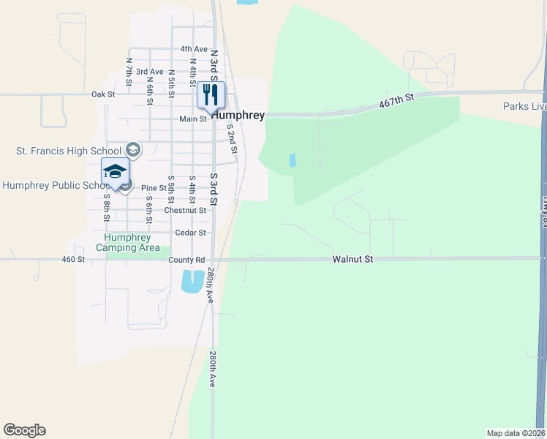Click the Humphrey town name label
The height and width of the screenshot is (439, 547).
tap(238, 116)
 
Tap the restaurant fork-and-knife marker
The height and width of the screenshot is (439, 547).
tap(211, 95)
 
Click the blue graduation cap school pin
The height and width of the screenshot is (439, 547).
tap(115, 173)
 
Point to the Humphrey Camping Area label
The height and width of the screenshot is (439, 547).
tap(128, 242)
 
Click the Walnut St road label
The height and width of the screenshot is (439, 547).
tap(352, 259)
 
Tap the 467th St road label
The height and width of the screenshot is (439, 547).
tap(396, 101)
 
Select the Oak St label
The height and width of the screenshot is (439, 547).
tap(103, 94)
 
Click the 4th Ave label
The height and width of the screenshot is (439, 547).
tap(195, 49)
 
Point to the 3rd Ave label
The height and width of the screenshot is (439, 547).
tap(149, 72)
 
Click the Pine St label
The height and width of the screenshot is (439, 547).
tap(154, 188)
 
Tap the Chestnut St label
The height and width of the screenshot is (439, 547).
tap(186, 210)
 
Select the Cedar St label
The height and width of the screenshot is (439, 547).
tap(192, 233)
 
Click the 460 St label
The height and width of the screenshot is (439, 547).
tap(73, 259)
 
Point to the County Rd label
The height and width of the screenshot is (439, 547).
tap(186, 260)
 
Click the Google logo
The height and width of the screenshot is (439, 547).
tap(24, 430)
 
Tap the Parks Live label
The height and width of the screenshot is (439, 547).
tap(524, 107)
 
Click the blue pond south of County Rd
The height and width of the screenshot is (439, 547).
tap(192, 281)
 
